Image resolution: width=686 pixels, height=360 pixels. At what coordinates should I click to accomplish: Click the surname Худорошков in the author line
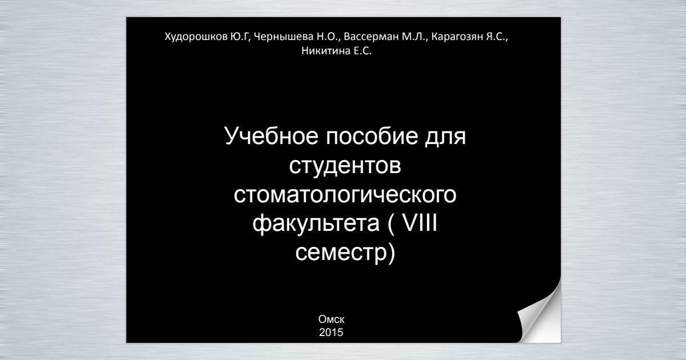click(196, 37)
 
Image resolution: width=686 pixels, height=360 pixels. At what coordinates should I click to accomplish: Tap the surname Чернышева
click(284, 37)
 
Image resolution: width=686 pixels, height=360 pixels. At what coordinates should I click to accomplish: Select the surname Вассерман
click(371, 37)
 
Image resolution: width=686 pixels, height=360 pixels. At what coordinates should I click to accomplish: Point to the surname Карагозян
click(457, 37)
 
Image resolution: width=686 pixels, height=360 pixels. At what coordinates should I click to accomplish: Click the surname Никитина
click(326, 51)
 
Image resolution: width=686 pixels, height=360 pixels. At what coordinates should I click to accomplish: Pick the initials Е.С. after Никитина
click(362, 51)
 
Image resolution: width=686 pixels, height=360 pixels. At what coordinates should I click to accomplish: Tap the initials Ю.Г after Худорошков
click(241, 37)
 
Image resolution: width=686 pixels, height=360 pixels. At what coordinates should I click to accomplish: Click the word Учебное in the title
click(272, 136)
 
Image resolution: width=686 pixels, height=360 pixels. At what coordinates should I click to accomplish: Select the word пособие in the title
click(372, 136)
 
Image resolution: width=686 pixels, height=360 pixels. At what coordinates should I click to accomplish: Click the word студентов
click(345, 166)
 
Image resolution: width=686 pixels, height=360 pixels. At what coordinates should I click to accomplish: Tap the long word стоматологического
click(345, 195)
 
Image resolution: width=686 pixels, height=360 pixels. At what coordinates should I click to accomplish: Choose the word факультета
click(316, 224)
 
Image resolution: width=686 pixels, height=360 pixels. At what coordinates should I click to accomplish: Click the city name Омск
click(332, 319)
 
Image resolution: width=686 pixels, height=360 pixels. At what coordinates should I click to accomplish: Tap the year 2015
click(331, 333)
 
